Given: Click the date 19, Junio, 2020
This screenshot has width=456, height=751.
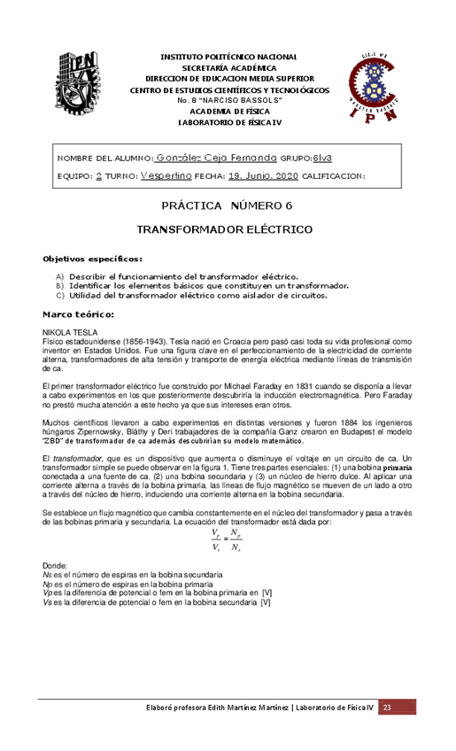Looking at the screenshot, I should tap(263, 175).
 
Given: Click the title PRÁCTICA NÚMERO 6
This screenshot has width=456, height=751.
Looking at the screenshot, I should tap(227, 206).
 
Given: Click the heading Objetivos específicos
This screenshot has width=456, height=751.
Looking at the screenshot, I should tap(92, 259).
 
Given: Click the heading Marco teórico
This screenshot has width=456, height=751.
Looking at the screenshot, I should tap(79, 314).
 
